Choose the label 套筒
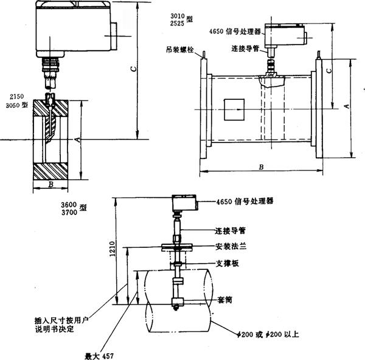click(226, 300)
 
